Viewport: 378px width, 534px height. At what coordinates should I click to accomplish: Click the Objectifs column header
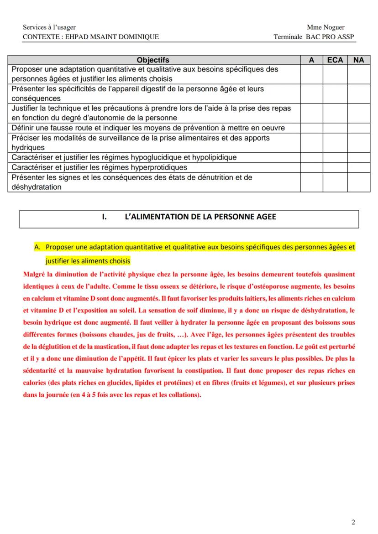point(153,60)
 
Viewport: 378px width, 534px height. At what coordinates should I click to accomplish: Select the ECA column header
point(335,60)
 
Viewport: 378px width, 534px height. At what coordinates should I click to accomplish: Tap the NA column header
point(359,60)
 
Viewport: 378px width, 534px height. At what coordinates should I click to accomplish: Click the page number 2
point(353,522)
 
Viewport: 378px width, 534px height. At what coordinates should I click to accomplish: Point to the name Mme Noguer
point(326,27)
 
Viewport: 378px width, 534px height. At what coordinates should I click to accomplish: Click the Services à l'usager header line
point(49,27)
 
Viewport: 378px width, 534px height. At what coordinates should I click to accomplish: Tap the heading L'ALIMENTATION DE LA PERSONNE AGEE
point(200,217)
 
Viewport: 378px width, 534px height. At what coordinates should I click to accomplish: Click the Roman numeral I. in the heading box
point(105,217)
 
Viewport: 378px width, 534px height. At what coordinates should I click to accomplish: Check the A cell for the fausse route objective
point(311,128)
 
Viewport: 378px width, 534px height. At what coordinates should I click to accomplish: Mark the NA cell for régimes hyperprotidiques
point(359,167)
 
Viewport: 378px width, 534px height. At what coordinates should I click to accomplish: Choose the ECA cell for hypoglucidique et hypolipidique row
point(335,157)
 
